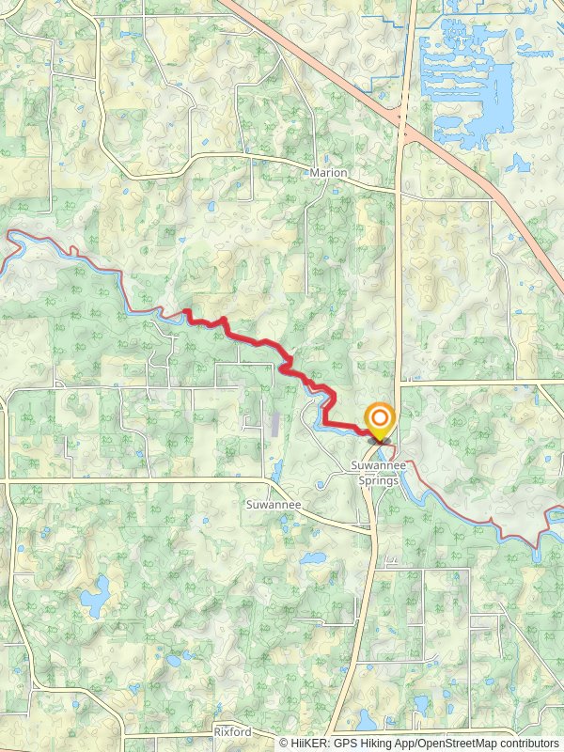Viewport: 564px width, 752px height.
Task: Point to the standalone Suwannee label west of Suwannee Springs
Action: point(273,505)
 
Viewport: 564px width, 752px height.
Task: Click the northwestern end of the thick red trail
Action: point(186,311)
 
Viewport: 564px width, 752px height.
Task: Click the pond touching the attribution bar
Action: point(367,724)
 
